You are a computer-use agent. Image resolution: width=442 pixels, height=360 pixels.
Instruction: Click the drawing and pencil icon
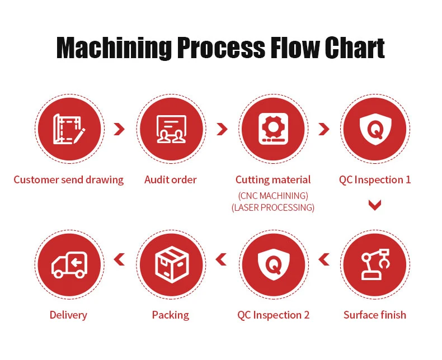(69, 129)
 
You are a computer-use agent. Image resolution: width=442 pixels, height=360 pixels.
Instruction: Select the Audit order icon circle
(171, 129)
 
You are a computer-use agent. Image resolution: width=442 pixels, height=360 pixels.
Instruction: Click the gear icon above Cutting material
(273, 129)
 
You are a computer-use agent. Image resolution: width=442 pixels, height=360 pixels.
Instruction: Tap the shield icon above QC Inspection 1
(375, 129)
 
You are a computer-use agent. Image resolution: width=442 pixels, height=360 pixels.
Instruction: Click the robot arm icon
(375, 264)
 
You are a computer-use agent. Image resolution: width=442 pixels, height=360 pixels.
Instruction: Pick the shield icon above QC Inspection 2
(273, 264)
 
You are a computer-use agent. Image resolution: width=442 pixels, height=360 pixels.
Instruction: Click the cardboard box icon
(171, 264)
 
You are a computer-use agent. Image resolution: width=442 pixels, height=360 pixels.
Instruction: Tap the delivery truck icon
(69, 264)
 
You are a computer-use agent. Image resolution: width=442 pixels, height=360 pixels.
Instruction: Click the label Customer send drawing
(69, 180)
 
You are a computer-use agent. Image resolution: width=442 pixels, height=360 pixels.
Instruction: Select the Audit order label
(171, 180)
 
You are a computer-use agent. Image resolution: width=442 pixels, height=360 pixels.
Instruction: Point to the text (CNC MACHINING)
(273, 196)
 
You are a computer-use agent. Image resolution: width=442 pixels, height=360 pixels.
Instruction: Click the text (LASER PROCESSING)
(273, 207)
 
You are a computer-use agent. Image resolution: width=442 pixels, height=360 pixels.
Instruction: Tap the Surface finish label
(375, 315)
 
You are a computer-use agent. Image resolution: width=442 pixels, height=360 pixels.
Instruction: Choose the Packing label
(171, 315)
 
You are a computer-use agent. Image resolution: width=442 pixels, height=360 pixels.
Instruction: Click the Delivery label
(68, 315)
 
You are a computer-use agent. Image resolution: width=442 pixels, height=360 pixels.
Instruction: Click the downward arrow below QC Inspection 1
(375, 205)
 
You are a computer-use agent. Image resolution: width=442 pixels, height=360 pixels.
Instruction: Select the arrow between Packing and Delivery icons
(119, 259)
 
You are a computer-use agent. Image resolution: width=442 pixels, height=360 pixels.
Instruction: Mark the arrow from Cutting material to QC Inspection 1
(324, 129)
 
